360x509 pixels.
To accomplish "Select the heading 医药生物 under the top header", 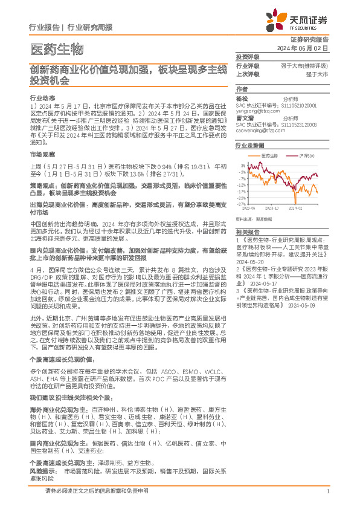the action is tap(56, 49).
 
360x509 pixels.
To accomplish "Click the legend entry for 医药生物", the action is tap(271, 155).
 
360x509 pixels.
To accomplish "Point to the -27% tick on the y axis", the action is tap(241, 204).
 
